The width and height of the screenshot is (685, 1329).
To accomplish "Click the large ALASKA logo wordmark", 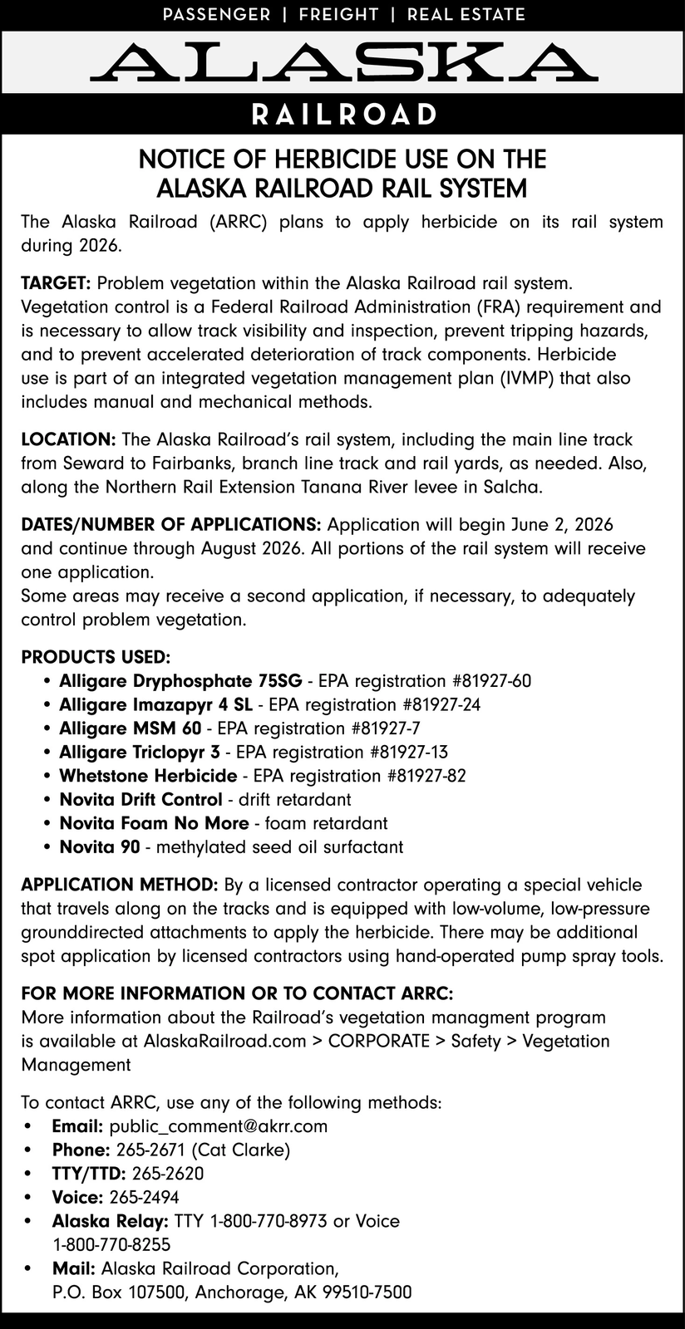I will pos(342,61).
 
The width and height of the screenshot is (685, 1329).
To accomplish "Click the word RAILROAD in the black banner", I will pos(342,114).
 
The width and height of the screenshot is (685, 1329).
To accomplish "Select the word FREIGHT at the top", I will pos(338,14).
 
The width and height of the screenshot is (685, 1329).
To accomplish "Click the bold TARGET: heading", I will pos(57,283).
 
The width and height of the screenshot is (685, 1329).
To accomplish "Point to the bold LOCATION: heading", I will pos(68,439).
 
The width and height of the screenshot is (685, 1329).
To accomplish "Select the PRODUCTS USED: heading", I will pos(96,657).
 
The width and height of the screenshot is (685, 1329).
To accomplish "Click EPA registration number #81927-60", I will pos(491,681).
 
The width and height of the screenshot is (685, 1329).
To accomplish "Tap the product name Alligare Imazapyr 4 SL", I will pos(155,705).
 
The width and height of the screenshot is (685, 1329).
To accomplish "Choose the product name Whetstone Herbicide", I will pos(148,776).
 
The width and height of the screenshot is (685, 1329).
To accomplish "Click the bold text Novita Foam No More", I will pos(154,823).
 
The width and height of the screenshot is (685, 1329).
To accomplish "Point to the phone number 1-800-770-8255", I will pos(111,1244).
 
